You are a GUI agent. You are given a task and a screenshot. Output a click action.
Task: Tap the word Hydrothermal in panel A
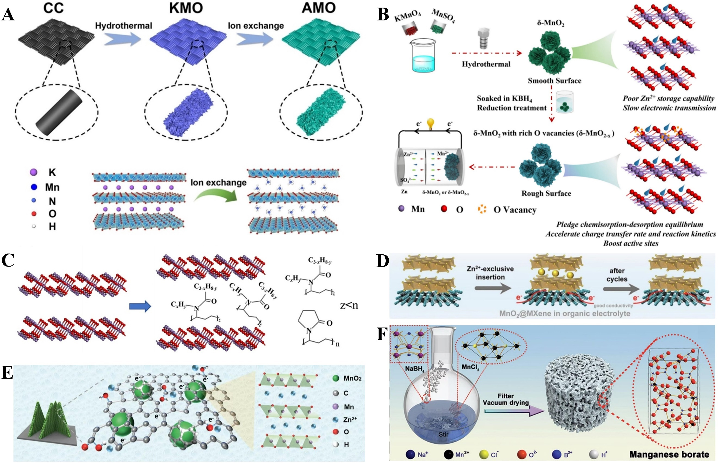pyautogui.click(x=123, y=26)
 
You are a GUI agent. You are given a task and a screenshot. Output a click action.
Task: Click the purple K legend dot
pyautogui.click(x=34, y=172)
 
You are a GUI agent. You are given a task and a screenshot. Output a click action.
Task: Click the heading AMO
pyautogui.click(x=318, y=8)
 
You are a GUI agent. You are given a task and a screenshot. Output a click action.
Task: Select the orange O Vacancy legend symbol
pyautogui.click(x=482, y=209)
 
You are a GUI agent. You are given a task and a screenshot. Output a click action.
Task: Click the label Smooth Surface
pyautogui.click(x=555, y=81)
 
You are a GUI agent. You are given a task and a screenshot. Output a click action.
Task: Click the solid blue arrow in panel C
pyautogui.click(x=140, y=306)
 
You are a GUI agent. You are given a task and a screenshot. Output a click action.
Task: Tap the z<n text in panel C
pyautogui.click(x=349, y=306)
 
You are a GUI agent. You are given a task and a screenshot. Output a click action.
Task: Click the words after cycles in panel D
pyautogui.click(x=617, y=275)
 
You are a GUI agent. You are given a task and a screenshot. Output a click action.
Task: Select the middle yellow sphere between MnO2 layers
pyautogui.click(x=555, y=274)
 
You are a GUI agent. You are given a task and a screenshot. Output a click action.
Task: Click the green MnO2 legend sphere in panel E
pyautogui.click(x=336, y=378)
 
